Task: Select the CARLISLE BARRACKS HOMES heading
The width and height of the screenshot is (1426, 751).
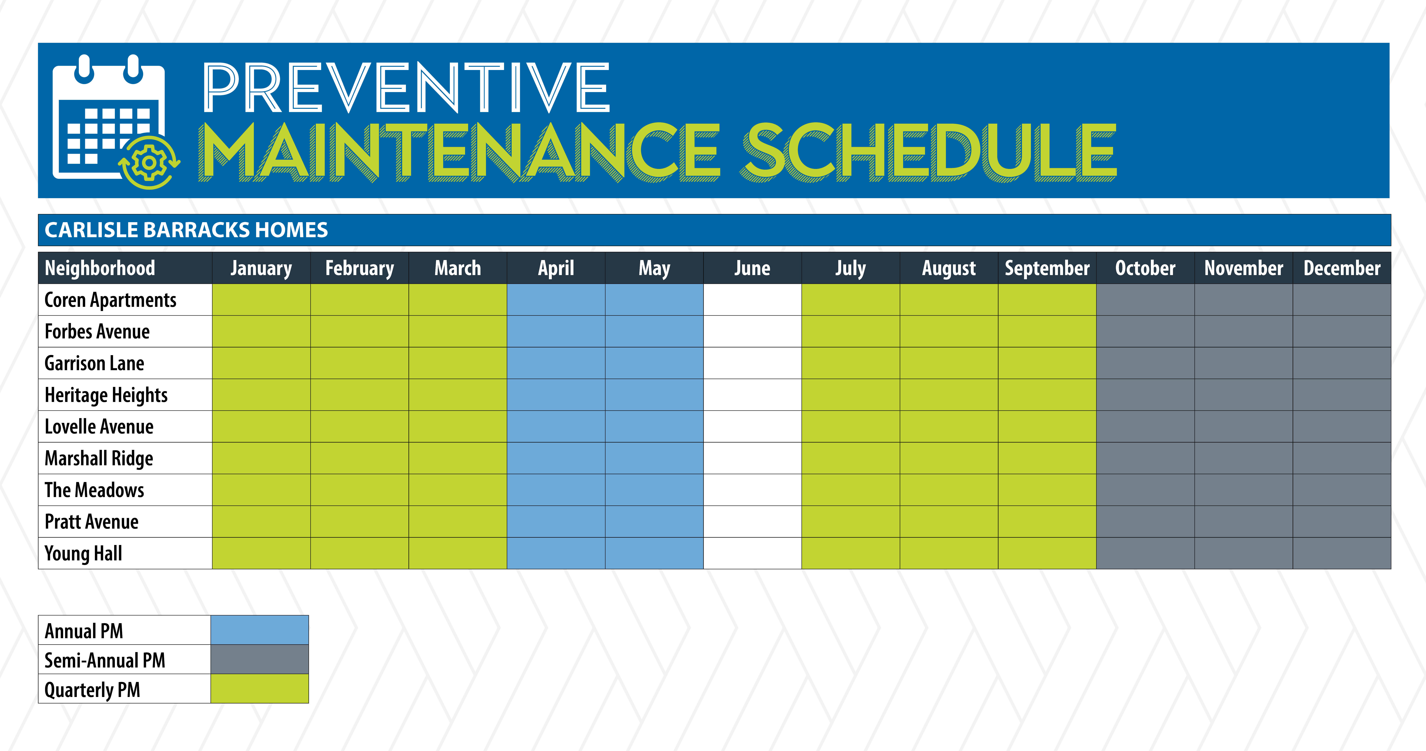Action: click(x=186, y=230)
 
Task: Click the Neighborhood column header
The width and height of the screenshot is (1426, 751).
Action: click(x=100, y=268)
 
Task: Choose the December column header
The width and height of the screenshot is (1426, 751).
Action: click(x=1342, y=268)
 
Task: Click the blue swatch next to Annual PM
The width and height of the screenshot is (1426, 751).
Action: click(x=260, y=630)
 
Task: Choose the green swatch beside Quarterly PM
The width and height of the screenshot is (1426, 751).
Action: click(x=260, y=688)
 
